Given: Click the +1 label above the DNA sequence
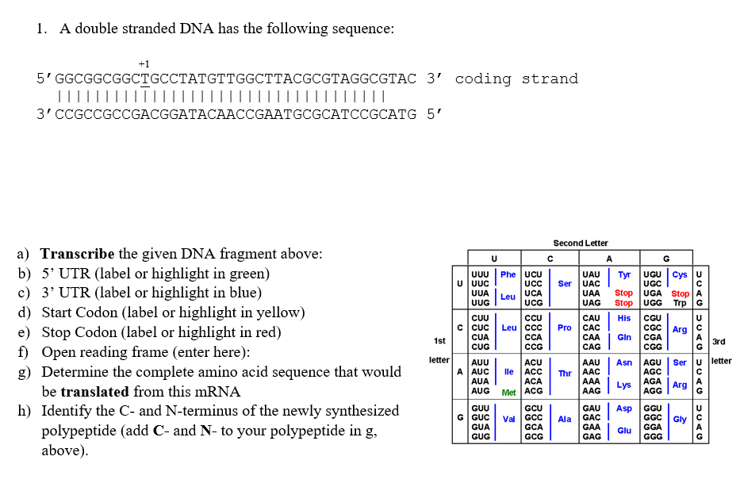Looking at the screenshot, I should [x=144, y=63].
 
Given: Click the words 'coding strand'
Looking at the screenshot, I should [x=516, y=79].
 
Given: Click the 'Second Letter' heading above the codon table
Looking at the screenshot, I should [x=580, y=243].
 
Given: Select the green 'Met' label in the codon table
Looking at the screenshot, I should [x=508, y=392].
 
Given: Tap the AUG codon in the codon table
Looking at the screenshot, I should [x=480, y=391].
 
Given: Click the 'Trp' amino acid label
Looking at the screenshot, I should [x=678, y=303].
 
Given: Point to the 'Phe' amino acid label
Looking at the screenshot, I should [x=508, y=274].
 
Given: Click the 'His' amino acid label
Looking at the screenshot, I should [x=624, y=318].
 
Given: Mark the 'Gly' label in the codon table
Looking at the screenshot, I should [x=680, y=418].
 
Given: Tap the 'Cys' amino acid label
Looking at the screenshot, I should [x=680, y=274].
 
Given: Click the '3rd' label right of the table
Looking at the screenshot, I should [x=720, y=343].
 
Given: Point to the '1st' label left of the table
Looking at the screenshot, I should [x=439, y=340].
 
